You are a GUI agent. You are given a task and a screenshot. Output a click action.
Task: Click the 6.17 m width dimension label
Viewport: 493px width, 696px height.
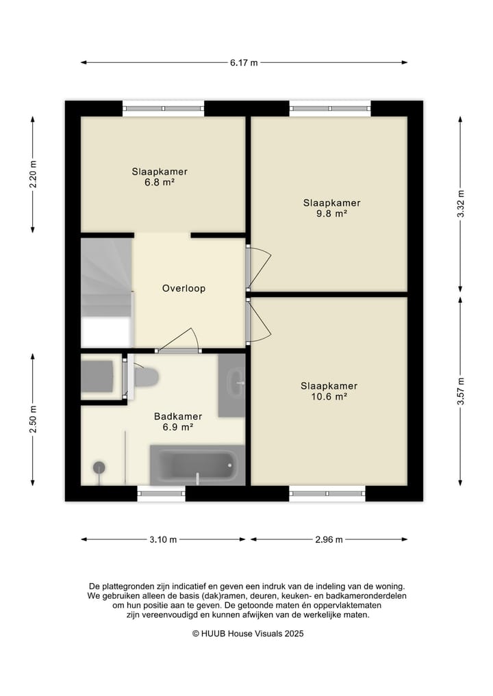coord(244,62)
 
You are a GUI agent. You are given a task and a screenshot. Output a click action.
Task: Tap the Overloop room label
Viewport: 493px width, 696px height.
coord(184,289)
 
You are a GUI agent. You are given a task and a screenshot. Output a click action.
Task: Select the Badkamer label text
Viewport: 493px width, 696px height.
coord(178,416)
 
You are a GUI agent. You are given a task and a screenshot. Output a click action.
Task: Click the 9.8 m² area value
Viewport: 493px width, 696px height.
coord(331,214)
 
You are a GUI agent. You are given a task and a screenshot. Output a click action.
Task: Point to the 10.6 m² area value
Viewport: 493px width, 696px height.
coord(329,396)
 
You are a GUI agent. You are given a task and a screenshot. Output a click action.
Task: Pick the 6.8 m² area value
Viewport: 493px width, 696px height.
coord(159,182)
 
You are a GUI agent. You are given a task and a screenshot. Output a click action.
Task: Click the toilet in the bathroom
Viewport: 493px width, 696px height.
coord(147,377)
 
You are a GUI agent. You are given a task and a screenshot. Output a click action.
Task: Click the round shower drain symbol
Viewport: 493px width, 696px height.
coord(99,467)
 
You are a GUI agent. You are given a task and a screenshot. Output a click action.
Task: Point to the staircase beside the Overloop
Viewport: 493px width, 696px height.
coord(107,293)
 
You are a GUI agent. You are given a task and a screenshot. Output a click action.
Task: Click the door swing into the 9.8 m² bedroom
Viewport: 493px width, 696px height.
coord(259,266)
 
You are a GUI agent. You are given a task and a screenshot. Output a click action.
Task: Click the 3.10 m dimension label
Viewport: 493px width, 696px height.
coord(163,540)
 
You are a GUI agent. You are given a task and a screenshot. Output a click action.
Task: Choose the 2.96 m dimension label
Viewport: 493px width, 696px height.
coord(329,540)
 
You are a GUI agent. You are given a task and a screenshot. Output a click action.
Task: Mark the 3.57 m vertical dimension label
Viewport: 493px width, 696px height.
coord(461,391)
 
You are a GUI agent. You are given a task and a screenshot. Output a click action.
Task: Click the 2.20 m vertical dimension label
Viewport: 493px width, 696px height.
coord(33,174)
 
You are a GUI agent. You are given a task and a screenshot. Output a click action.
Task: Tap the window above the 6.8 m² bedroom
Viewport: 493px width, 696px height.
coord(163,108)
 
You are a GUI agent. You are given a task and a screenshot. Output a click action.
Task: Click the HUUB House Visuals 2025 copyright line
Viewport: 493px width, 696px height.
coord(248,634)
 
